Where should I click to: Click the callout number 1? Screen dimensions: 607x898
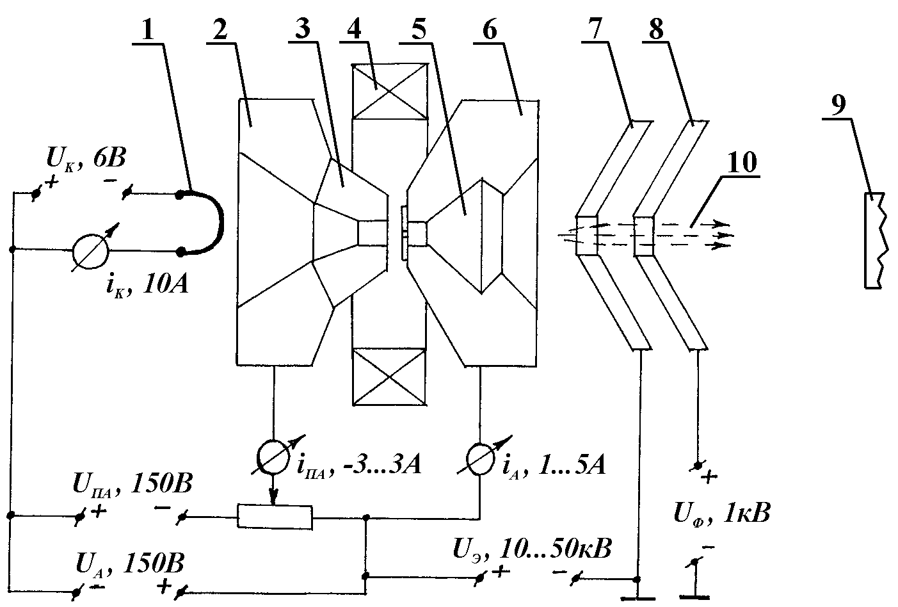(148, 29)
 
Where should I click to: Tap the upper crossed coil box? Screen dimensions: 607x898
(389, 91)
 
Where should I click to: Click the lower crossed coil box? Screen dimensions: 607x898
(389, 376)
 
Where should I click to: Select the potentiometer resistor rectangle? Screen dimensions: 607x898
(275, 516)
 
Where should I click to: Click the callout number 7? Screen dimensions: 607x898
(597, 29)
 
